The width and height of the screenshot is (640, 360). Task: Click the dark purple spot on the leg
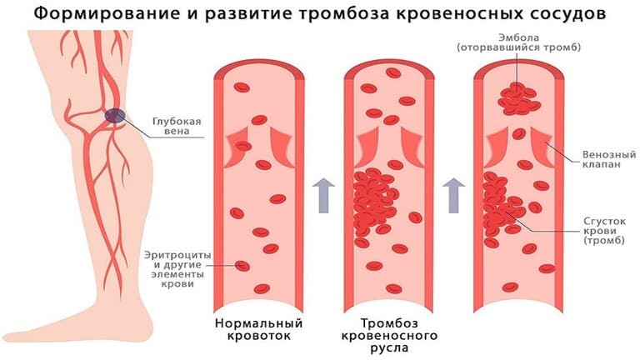point(115,116)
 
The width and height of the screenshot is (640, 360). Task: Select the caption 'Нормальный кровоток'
point(259,329)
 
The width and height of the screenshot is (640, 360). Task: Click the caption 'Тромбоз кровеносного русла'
point(389,335)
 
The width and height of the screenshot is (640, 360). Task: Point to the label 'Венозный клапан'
point(609,159)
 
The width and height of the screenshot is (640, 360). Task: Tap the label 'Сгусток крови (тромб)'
point(604,231)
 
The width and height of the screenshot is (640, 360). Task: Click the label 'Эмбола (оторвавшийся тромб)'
point(519,42)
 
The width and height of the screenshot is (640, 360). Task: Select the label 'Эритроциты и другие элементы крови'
point(177,269)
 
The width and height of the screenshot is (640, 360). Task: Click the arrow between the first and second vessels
point(323,195)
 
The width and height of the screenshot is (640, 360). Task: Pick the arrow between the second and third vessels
point(454,195)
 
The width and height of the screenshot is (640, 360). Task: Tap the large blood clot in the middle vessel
point(376,201)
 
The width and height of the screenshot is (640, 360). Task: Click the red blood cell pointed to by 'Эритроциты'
point(242,266)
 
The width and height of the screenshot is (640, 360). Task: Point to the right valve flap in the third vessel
point(542,147)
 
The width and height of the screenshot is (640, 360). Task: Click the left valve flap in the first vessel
point(237,147)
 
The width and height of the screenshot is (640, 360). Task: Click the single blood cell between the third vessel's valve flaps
point(519,133)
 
